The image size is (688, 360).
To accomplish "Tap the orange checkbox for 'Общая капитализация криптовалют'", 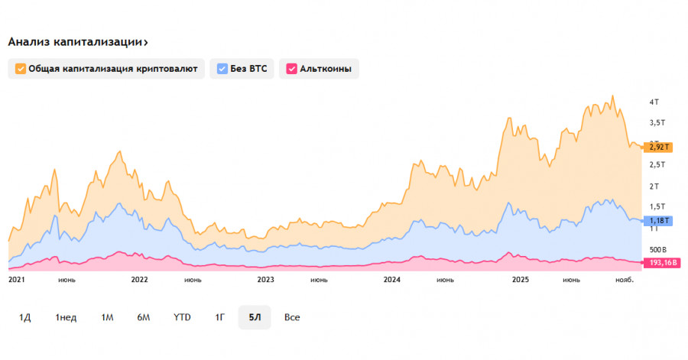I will click(x=20, y=69).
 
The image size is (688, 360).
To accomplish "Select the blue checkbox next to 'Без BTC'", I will click(x=222, y=69).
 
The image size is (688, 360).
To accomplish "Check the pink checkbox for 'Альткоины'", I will click(x=290, y=69).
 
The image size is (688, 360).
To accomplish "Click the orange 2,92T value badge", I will click(x=660, y=146).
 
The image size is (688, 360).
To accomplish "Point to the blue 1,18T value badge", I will click(x=660, y=221).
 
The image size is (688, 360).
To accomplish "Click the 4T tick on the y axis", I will click(x=654, y=102).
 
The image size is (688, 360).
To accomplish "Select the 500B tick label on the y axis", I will click(x=658, y=249).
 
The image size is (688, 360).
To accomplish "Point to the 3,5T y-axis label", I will click(x=657, y=122).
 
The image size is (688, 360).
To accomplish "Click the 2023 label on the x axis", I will click(x=265, y=280).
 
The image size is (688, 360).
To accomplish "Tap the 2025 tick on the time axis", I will click(x=521, y=280).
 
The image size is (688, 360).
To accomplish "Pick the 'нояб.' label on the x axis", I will click(x=625, y=280).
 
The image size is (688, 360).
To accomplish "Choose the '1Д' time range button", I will click(x=25, y=317).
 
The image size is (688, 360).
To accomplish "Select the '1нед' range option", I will click(x=66, y=317).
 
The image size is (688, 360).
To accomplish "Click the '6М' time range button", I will click(x=144, y=317).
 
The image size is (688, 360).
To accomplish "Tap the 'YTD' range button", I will click(x=182, y=317).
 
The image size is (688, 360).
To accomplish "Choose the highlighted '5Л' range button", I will click(x=255, y=317).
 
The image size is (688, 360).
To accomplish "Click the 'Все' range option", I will click(x=291, y=317).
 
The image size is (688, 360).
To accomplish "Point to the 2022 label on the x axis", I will click(x=139, y=280).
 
